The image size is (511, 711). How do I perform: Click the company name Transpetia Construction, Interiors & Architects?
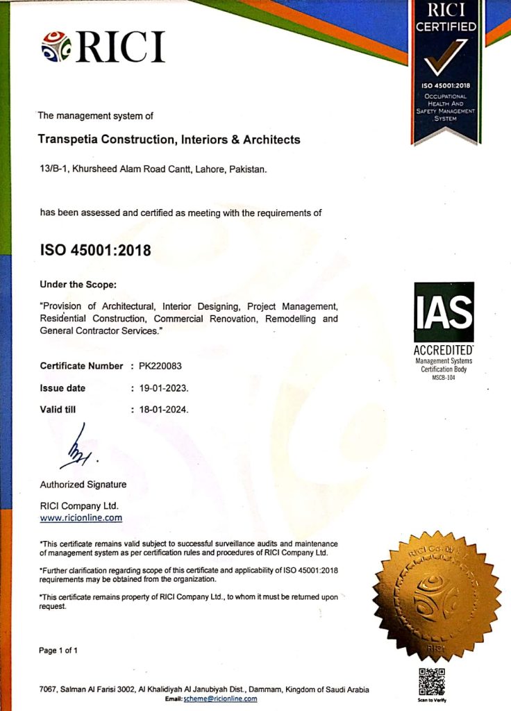click(170, 140)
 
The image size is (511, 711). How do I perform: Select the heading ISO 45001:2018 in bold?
click(95, 249)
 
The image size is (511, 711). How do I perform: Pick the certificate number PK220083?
click(161, 366)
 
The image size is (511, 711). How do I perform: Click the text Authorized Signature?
click(83, 484)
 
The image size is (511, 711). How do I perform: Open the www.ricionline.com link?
click(81, 517)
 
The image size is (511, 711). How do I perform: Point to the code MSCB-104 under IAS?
click(444, 377)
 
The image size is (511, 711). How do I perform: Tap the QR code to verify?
click(432, 681)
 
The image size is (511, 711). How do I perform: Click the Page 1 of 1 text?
click(59, 651)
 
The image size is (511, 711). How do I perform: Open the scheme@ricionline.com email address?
click(220, 699)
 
